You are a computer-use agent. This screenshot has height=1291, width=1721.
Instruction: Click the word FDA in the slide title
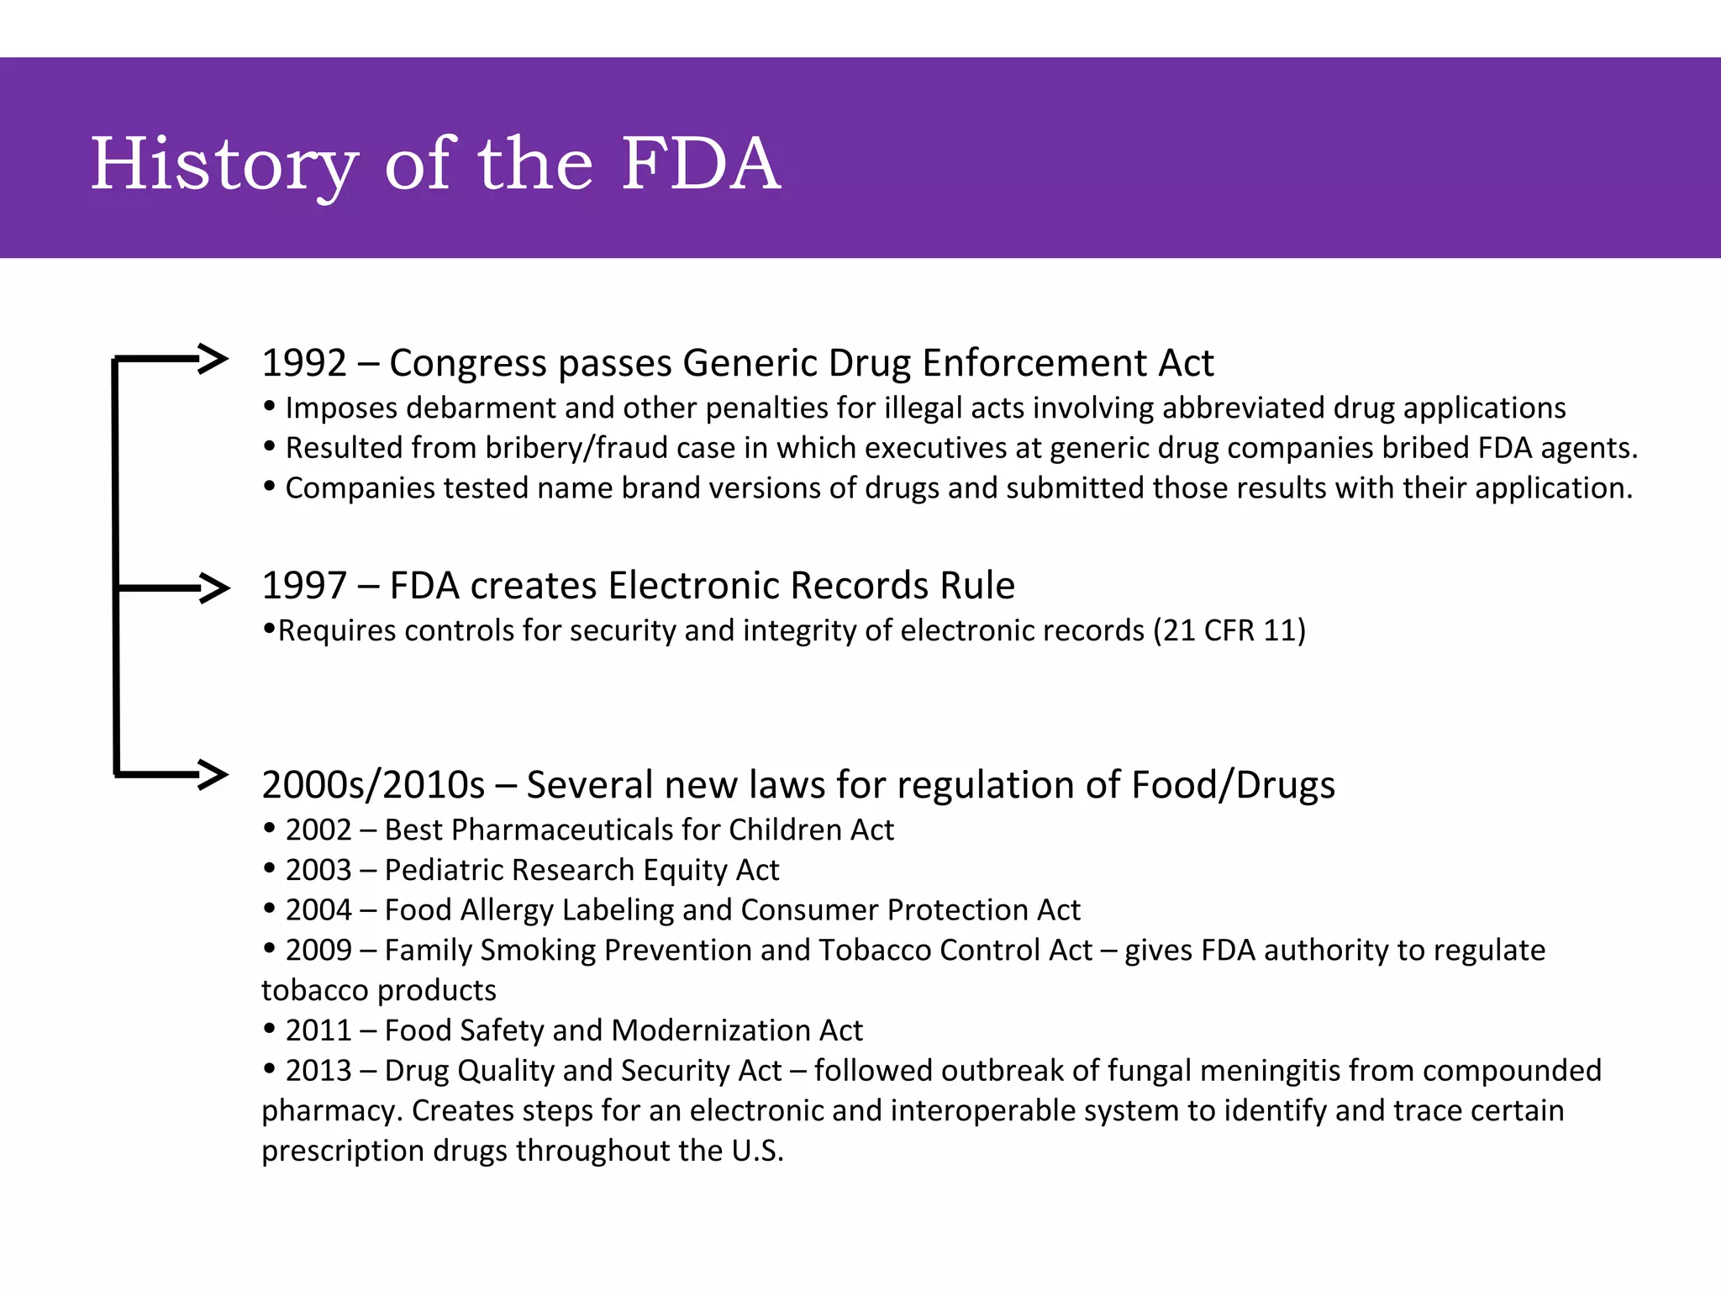pyautogui.click(x=701, y=163)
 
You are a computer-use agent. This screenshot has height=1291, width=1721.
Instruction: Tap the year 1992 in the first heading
pyautogui.click(x=303, y=363)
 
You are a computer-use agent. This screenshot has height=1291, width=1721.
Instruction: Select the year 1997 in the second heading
pyautogui.click(x=303, y=586)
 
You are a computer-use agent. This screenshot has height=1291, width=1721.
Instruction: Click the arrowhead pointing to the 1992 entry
pyautogui.click(x=213, y=359)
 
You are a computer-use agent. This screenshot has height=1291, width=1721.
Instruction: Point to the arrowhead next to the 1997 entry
pyautogui.click(x=215, y=588)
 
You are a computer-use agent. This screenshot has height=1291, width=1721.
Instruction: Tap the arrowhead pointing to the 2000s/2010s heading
pyautogui.click(x=213, y=774)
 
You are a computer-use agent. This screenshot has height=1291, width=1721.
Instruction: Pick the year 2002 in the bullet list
pyautogui.click(x=318, y=830)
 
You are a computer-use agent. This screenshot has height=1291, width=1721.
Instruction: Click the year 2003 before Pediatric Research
pyautogui.click(x=318, y=870)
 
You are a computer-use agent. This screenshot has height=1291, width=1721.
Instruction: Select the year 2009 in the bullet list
pyautogui.click(x=318, y=951)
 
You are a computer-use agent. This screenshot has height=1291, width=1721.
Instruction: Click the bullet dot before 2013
pyautogui.click(x=269, y=1069)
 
